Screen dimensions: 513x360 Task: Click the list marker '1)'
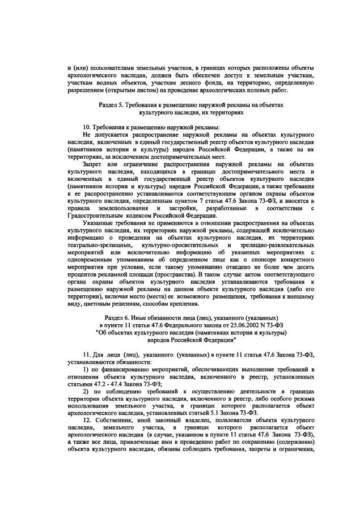coord(86,370)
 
